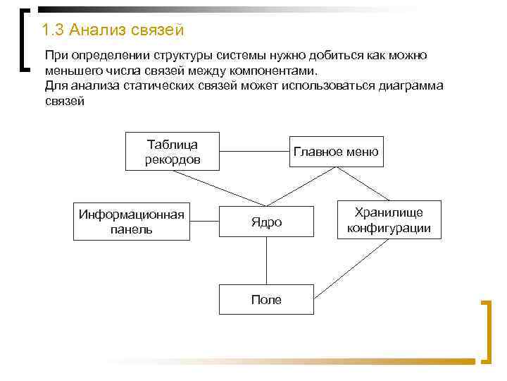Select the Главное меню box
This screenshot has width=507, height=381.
click(x=336, y=152)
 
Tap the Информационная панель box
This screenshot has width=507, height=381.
click(x=132, y=222)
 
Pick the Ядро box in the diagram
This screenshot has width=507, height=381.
click(x=266, y=222)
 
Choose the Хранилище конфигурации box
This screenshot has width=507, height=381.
click(x=389, y=222)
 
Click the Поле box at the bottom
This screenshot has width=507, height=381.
click(x=266, y=299)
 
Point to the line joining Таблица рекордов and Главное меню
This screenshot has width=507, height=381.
click(x=253, y=151)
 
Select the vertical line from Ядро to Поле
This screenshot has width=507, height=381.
click(x=266, y=262)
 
